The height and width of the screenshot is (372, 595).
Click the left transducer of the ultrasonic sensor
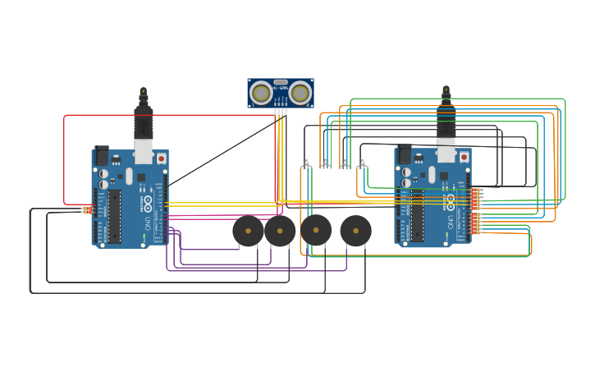[261, 93]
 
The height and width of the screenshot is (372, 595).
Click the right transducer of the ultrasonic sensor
[300, 93]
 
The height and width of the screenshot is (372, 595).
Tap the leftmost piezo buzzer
[248, 231]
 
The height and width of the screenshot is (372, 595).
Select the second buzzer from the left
[280, 231]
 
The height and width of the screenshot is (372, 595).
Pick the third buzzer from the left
[316, 231]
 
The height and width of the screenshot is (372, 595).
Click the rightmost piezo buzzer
[355, 231]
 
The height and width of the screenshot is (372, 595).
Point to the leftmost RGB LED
[306, 161]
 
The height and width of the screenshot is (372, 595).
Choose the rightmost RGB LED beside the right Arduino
[362, 161]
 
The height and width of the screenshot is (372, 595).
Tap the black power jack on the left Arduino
[102, 154]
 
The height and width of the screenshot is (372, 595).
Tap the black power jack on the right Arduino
[405, 154]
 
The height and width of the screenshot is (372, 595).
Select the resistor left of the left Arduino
[86, 210]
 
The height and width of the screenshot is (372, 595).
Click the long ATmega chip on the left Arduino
[114, 216]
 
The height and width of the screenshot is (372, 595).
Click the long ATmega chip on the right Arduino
[417, 216]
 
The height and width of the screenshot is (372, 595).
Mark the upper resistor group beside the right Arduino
[476, 197]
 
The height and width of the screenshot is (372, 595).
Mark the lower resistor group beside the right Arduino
[476, 223]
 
